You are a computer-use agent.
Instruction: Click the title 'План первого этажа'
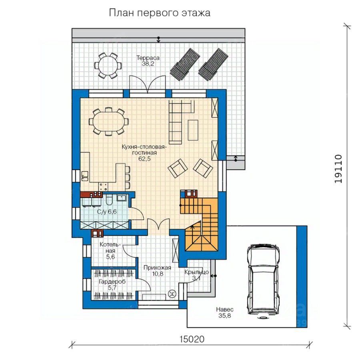coord(160,13)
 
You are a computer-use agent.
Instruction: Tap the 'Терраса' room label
coord(148,58)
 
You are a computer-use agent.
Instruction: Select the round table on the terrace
coord(108,66)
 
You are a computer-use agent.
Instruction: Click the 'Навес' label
coord(224,310)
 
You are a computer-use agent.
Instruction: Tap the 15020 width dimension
coord(192,339)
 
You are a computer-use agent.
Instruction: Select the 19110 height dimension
coord(338,169)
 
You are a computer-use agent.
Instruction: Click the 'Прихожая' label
coord(157,268)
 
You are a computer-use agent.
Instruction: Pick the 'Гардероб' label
coord(112,282)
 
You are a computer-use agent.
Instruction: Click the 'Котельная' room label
coord(110,248)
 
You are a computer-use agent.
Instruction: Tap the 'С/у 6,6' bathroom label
coord(106,212)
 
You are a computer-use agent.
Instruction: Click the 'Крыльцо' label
coord(196,272)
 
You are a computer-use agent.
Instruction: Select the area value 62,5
coord(144,159)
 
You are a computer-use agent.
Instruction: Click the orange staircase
coord(199,224)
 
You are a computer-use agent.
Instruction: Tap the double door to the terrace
coord(147,84)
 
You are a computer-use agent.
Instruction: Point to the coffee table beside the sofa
coord(193,130)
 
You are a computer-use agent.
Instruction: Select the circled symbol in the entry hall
coord(172,294)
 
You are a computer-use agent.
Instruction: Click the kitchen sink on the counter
coord(84,176)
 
